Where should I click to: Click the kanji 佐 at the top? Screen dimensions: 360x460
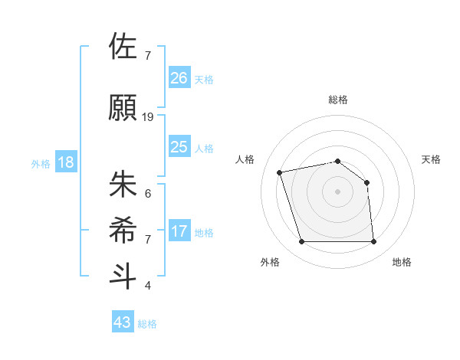pyautogui.click(x=123, y=47)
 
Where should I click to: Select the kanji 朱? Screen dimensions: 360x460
pyautogui.click(x=123, y=185)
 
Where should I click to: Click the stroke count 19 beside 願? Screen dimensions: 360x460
pyautogui.click(x=148, y=117)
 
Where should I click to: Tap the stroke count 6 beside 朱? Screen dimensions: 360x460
pyautogui.click(x=147, y=193)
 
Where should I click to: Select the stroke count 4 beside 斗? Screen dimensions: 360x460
pyautogui.click(x=147, y=286)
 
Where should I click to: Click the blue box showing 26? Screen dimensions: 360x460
pyautogui.click(x=179, y=77)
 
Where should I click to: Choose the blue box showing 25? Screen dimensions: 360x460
pyautogui.click(x=179, y=146)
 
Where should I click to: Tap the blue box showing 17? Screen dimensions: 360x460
pyautogui.click(x=179, y=231)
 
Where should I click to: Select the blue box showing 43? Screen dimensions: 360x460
pyautogui.click(x=123, y=322)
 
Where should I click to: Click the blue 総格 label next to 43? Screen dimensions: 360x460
pyautogui.click(x=147, y=324)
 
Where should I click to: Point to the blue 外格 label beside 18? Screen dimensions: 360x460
pyautogui.click(x=41, y=164)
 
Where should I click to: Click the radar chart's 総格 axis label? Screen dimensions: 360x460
pyautogui.click(x=337, y=100)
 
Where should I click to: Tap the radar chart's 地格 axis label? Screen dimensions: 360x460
pyautogui.click(x=402, y=262)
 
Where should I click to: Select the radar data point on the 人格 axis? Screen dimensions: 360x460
pyautogui.click(x=280, y=172)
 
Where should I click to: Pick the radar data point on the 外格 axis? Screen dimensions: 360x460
pyautogui.click(x=301, y=242)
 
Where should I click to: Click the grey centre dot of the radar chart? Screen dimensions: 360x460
pyautogui.click(x=337, y=191)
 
